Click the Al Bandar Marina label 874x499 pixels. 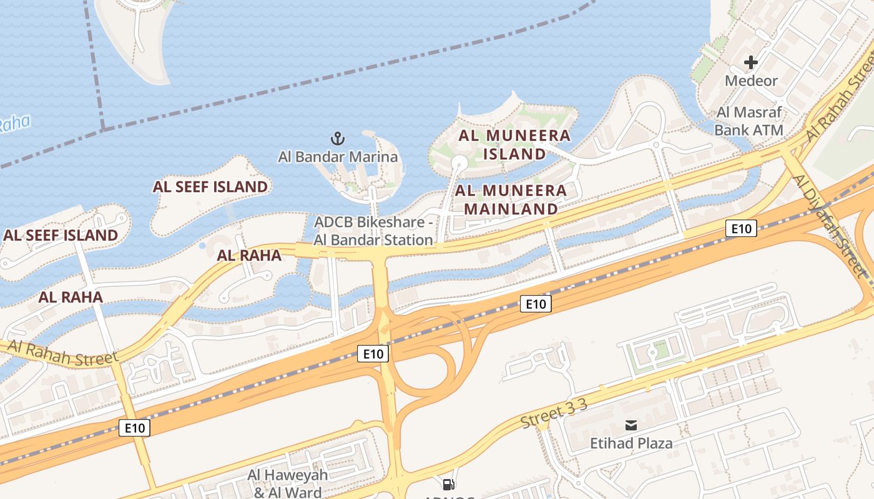(338, 157)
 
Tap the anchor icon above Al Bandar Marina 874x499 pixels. (337, 138)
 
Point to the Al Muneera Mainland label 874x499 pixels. (511, 200)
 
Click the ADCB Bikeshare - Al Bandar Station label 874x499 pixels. (373, 231)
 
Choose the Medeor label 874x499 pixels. (751, 80)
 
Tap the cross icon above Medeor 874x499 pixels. (751, 62)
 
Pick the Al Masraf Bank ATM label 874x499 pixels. (749, 121)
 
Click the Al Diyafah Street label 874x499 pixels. (830, 226)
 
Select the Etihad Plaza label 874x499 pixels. (631, 443)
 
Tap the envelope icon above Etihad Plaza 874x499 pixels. (631, 425)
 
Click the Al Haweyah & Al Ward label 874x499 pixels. (287, 483)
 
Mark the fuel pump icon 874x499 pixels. (448, 485)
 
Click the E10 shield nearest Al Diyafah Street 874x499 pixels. (741, 228)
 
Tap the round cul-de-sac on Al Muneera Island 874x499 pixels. (459, 163)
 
